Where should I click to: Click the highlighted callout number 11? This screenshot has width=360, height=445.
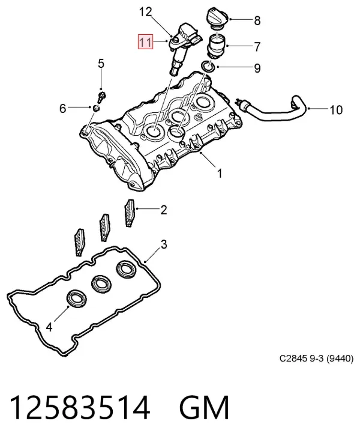[145, 42]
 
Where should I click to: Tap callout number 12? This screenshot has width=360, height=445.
[145, 12]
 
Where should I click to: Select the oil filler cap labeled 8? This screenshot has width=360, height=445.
[218, 19]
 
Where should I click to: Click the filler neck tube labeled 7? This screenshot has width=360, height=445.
[217, 46]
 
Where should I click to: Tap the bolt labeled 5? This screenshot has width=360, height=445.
[101, 97]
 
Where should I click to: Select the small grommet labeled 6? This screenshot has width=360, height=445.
[97, 108]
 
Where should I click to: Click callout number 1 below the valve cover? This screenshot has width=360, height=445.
[219, 174]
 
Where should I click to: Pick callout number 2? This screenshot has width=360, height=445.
[163, 210]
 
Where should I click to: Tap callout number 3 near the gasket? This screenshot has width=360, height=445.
[164, 244]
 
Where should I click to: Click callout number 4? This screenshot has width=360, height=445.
[49, 327]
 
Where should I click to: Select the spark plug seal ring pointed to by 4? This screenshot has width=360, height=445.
[77, 300]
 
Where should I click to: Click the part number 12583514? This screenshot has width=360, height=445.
[80, 408]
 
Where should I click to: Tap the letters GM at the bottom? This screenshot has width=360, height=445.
[204, 408]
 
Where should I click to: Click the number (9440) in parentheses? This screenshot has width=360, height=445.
[340, 359]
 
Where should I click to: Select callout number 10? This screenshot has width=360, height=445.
[336, 110]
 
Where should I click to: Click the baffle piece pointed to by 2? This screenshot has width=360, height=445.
[130, 213]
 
